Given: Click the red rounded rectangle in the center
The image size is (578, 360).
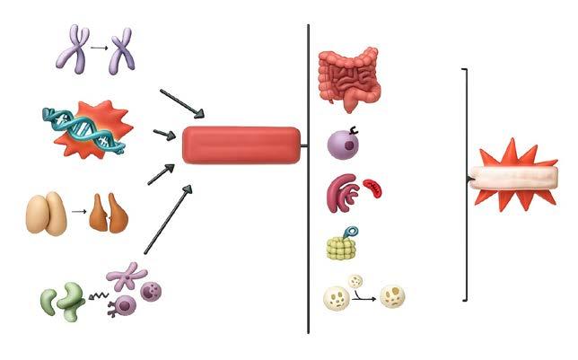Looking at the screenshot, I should point(241,145).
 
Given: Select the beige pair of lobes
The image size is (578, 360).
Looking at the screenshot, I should point(47,214).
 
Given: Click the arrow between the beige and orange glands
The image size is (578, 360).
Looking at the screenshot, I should point(78,214).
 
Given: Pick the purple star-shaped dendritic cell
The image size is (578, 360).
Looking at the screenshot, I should point(127,277).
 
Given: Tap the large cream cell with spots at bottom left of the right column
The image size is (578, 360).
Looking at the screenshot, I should point(337,297).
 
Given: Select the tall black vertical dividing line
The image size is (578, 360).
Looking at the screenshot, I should point(308,180).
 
